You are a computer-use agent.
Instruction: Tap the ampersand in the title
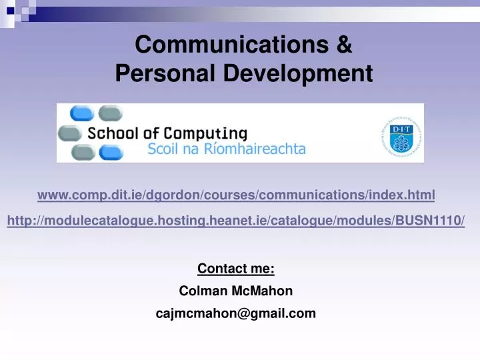[x=343, y=45]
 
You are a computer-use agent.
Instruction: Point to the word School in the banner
[x=113, y=133]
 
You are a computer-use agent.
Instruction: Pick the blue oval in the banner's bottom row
[x=111, y=153]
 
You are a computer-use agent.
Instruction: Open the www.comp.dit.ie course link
[x=236, y=195]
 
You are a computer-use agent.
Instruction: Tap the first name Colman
[x=201, y=291]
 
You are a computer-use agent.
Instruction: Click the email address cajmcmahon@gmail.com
[x=236, y=313]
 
